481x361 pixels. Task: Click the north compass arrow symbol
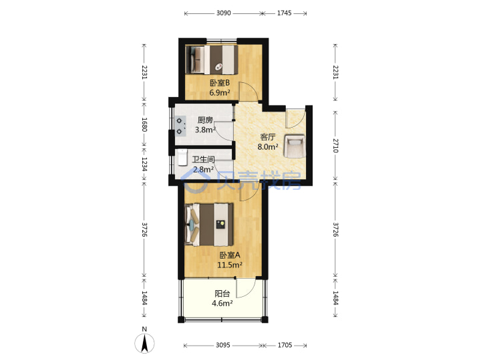[144, 343]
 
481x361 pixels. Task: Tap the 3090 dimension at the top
[223, 13]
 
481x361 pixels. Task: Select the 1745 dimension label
[285, 13]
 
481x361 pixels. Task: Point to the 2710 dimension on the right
[335, 146]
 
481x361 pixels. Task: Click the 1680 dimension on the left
[145, 124]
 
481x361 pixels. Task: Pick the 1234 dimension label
[145, 165]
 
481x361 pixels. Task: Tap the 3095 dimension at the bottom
[223, 346]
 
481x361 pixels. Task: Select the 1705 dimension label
[285, 346]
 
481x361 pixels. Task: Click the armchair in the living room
[295, 146]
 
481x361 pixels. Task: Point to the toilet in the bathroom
[182, 157]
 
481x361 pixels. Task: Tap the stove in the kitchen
[180, 126]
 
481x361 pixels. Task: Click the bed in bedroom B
[212, 59]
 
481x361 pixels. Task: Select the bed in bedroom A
[209, 225]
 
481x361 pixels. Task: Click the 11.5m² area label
[230, 265]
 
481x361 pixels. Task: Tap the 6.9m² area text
[220, 93]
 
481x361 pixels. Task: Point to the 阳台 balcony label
[222, 293]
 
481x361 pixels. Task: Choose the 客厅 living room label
[268, 137]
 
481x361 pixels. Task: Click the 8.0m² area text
[268, 147]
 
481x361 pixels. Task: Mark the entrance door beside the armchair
[295, 118]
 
